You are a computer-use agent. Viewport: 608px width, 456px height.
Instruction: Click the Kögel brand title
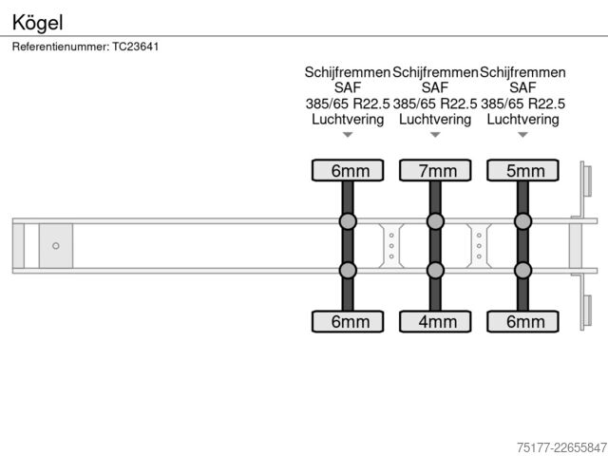point(37,23)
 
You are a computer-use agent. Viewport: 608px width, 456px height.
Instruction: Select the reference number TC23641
point(135,47)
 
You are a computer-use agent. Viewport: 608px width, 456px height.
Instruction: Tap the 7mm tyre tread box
point(435,170)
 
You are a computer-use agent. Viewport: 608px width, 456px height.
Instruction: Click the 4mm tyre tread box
point(435,321)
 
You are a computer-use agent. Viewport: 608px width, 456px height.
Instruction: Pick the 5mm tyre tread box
point(522,170)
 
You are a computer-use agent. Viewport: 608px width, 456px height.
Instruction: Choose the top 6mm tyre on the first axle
point(348,170)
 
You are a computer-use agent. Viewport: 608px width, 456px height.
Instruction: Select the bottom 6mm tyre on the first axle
point(348,321)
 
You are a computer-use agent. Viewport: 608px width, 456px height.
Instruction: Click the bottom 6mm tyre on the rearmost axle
point(522,321)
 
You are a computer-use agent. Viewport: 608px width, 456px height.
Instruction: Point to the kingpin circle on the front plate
point(56,245)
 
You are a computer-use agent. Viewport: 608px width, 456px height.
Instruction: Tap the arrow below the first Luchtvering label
point(348,135)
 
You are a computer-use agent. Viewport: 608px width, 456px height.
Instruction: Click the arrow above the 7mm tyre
point(435,135)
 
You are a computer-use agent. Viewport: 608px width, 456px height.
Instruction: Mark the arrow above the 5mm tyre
point(522,135)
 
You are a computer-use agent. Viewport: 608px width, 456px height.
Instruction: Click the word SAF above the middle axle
point(435,87)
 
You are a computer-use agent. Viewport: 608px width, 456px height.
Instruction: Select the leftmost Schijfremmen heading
point(348,72)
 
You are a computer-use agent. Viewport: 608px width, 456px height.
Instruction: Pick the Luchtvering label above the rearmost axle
point(522,119)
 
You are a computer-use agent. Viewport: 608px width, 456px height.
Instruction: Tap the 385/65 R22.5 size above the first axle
point(348,104)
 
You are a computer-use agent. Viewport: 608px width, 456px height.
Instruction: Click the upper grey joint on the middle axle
point(435,221)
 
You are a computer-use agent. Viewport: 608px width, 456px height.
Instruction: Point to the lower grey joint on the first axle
point(348,270)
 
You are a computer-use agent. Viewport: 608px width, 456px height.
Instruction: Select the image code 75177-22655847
point(561,447)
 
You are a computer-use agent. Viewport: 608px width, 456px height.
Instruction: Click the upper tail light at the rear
point(587,180)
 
